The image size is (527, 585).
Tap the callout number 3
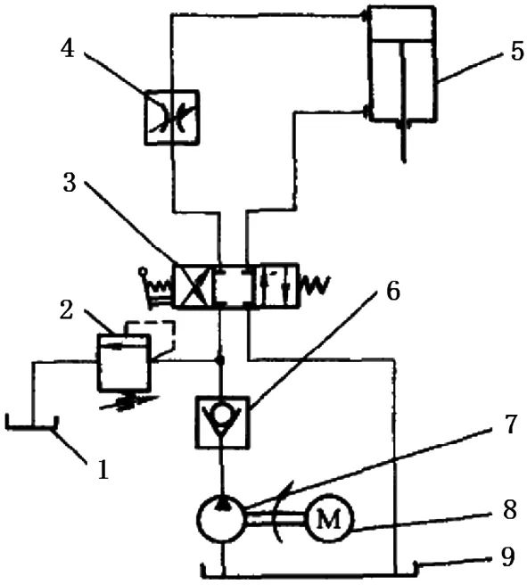coord(70,183)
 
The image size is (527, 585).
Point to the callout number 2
coord(66,310)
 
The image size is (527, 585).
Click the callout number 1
coord(103,469)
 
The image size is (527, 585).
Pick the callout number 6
coord(392,290)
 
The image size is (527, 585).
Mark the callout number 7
coord(509,424)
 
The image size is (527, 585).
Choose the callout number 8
coord(509,509)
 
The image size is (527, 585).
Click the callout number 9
coord(507,556)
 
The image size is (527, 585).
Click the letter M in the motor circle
coord(328,519)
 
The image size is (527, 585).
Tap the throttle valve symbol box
coord(171,117)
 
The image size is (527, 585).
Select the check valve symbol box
coord(222,422)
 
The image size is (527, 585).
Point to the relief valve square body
coord(124,363)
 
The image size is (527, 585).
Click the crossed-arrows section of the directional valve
coord(194,285)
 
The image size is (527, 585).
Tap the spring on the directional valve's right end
coord(317,285)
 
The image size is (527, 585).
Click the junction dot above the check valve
coord(220,361)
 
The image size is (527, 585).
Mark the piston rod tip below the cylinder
coord(404,161)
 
